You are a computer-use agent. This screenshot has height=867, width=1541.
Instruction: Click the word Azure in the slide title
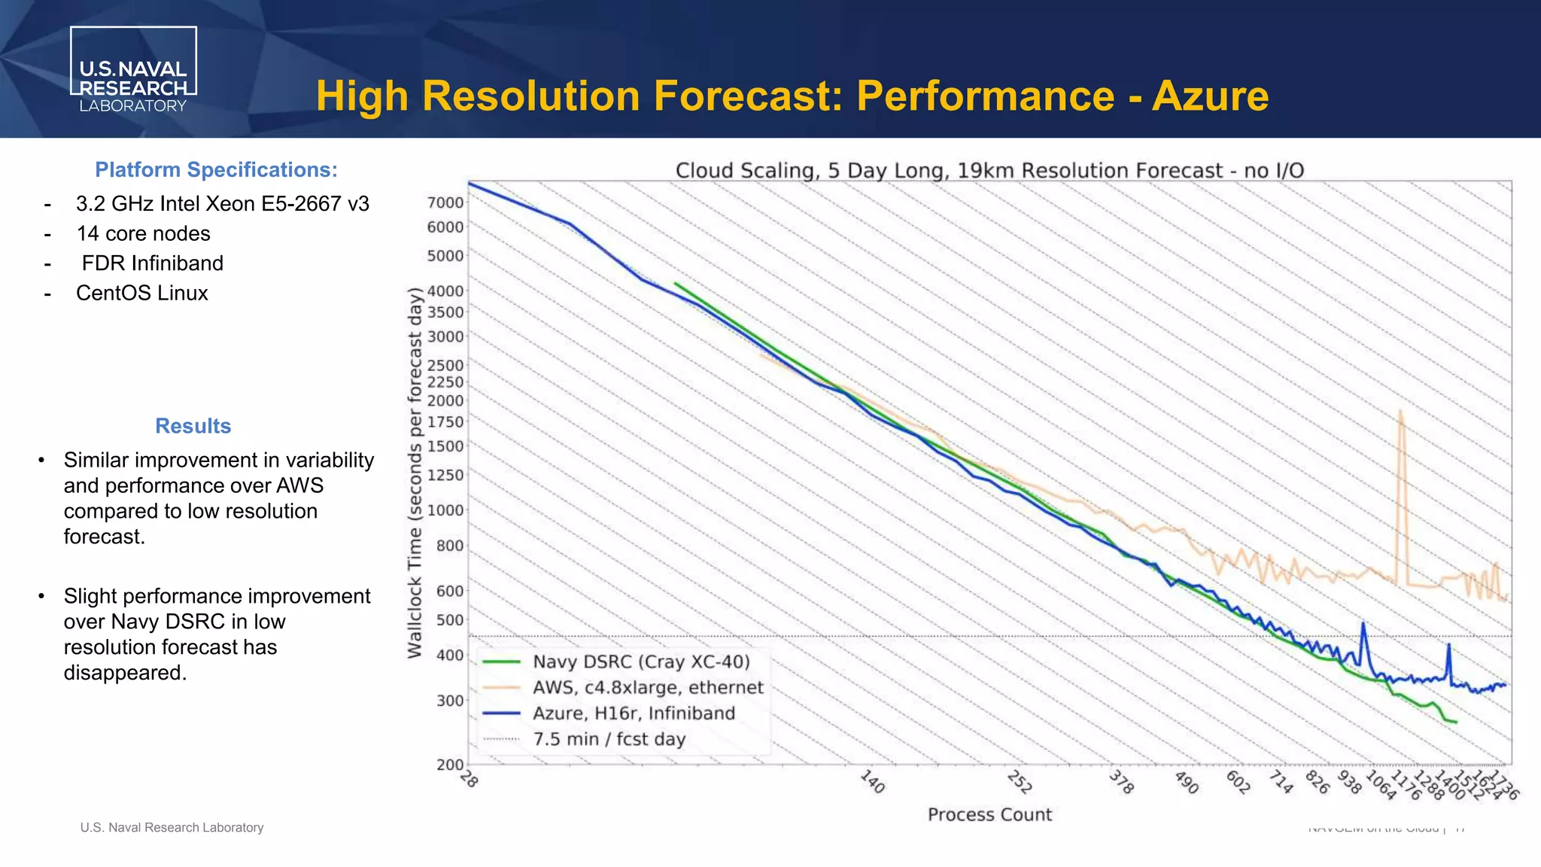(x=1210, y=96)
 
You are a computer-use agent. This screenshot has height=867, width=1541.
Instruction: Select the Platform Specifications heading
(x=216, y=170)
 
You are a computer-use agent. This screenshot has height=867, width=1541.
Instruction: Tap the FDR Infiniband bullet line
(x=152, y=263)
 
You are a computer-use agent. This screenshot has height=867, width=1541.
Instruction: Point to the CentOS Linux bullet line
(x=141, y=294)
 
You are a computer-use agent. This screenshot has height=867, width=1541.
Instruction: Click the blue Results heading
(x=193, y=426)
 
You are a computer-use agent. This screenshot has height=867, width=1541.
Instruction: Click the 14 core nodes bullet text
(x=143, y=234)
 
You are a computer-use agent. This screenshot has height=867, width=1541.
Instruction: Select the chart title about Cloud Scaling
(x=989, y=170)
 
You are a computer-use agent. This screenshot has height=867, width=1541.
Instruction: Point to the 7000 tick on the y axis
(x=445, y=202)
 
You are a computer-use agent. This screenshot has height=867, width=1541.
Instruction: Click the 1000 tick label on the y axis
(x=445, y=510)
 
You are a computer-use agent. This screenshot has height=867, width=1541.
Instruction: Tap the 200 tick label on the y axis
(x=450, y=765)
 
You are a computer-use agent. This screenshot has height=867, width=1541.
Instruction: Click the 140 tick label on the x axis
(x=872, y=782)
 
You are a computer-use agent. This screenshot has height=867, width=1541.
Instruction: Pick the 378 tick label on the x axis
(x=1121, y=783)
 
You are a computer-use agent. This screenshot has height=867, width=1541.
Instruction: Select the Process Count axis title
(x=989, y=814)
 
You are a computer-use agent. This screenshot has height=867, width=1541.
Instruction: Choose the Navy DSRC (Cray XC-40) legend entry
(x=641, y=662)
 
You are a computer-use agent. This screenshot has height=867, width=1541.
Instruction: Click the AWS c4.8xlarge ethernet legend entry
(x=647, y=687)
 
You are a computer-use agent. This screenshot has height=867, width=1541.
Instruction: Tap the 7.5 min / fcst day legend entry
(x=609, y=739)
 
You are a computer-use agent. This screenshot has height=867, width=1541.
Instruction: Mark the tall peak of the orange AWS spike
(x=1400, y=412)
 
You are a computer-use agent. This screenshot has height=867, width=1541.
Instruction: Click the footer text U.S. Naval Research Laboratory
(x=172, y=827)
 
